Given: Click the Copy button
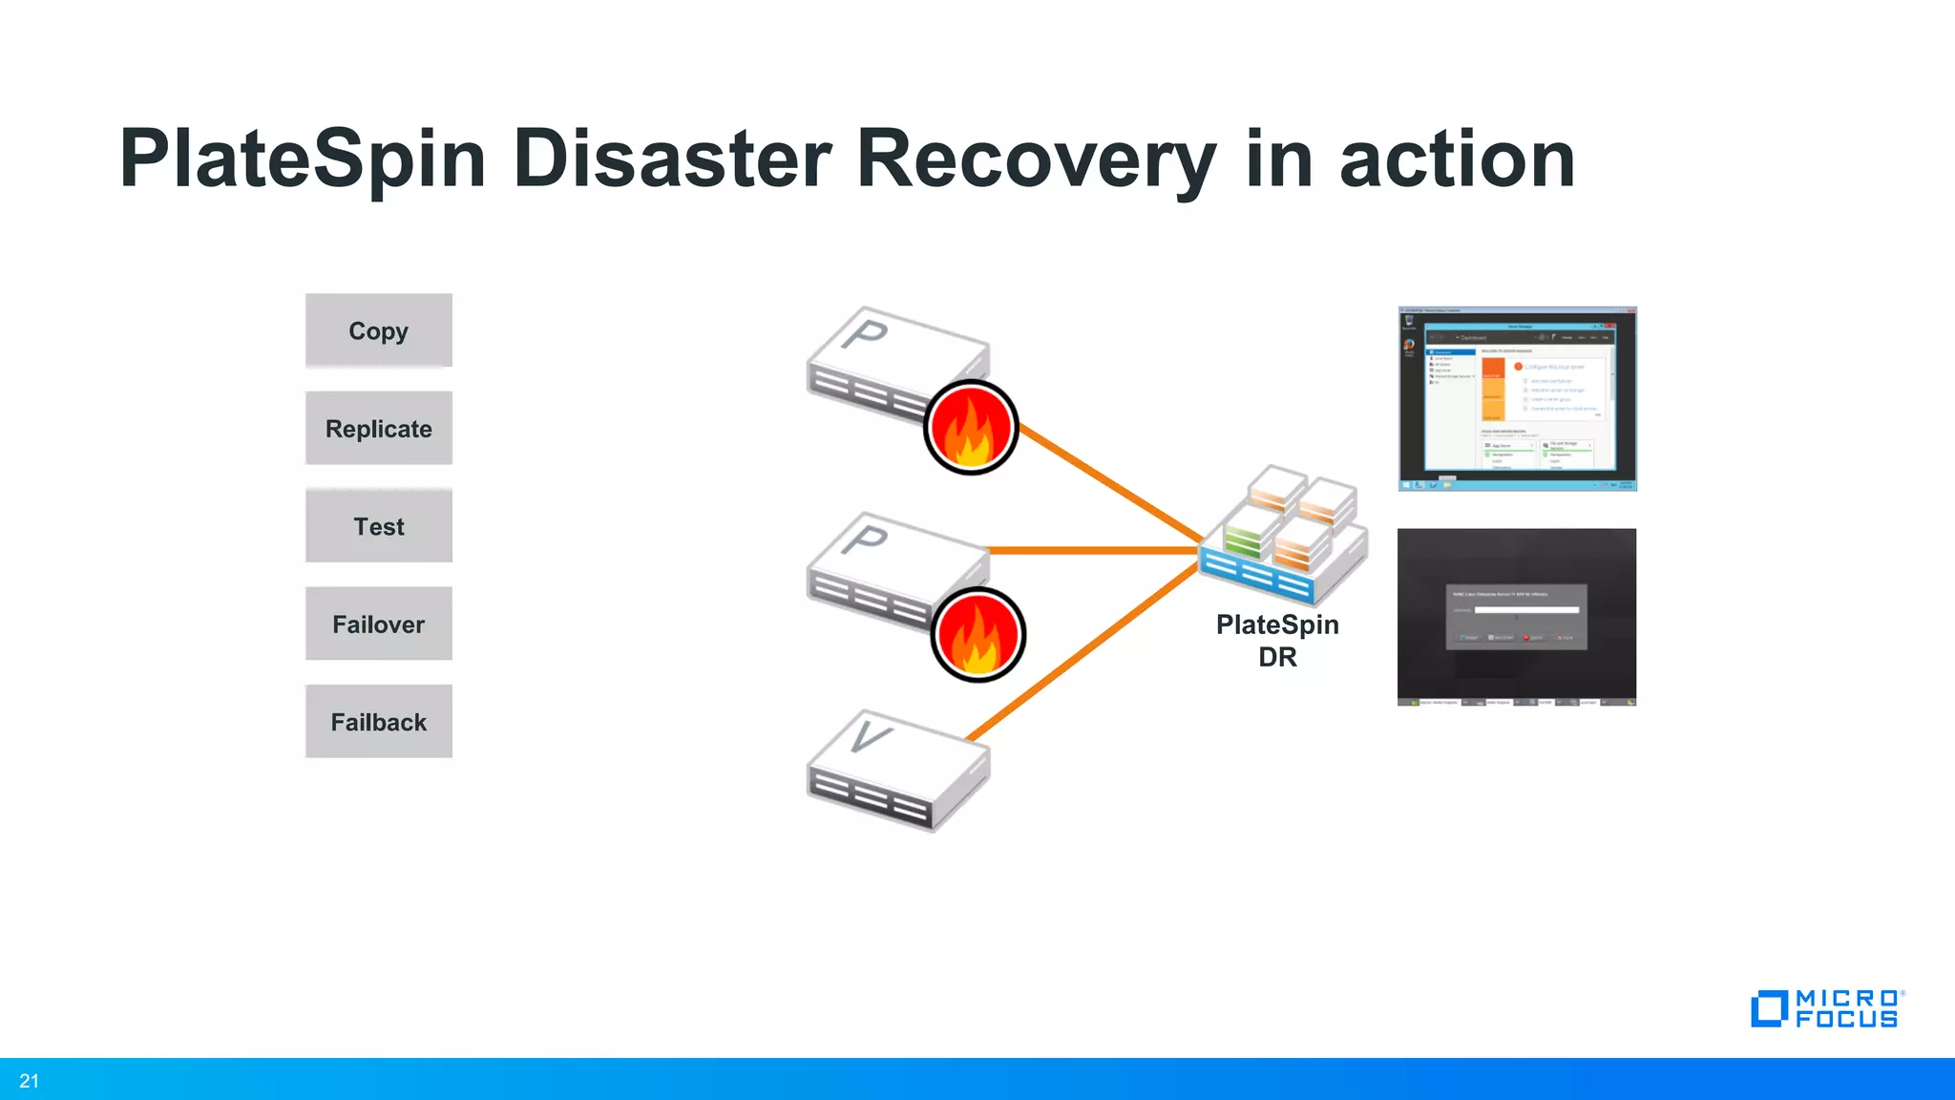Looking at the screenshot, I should [378, 330].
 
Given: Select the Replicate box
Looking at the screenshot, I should [378, 429].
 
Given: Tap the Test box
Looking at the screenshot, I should [378, 526].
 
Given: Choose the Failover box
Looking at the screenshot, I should [378, 624].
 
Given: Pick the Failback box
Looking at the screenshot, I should [378, 722].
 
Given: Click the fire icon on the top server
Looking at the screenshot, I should [971, 427].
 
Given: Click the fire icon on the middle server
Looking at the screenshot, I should [977, 634].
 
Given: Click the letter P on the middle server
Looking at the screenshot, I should [866, 539].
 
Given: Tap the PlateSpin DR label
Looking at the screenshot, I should [1277, 641].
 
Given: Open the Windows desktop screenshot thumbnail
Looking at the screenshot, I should [1517, 398].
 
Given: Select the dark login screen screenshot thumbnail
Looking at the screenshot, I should [1516, 617].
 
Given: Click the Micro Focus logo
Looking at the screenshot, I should [1826, 1008].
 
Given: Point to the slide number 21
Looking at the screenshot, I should [30, 1081].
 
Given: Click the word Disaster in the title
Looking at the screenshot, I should [672, 159].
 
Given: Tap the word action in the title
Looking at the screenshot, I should [1457, 159].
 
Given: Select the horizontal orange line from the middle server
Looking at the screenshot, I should [1093, 550].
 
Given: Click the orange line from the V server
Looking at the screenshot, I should [1083, 653].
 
